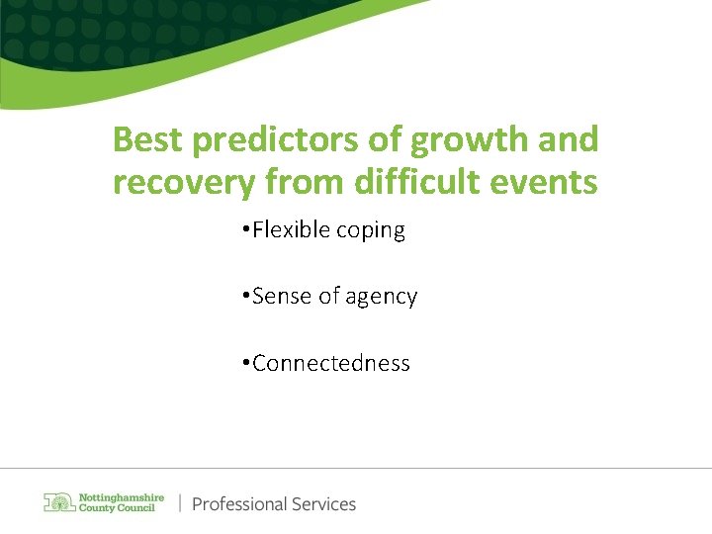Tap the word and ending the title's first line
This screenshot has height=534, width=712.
point(571,140)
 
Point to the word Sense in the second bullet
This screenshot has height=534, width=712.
point(281,297)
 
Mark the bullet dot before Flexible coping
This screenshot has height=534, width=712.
point(243,231)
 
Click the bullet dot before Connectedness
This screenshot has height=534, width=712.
point(243,364)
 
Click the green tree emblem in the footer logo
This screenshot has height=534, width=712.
point(58,502)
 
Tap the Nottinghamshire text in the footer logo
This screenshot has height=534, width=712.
point(122,496)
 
